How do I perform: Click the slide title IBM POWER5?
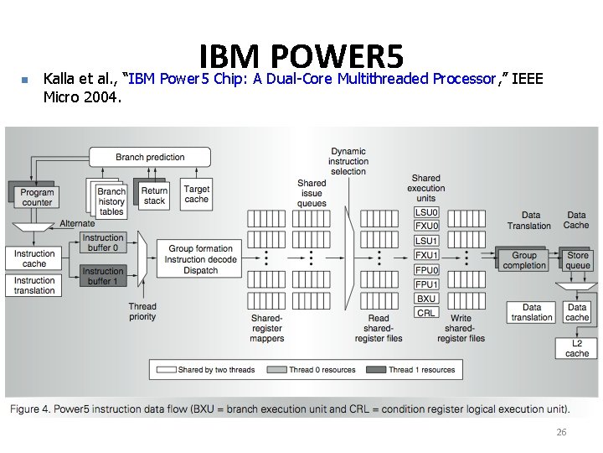(x=301, y=57)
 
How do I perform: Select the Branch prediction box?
(x=150, y=157)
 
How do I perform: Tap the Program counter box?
(x=37, y=196)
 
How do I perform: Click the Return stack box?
(x=154, y=195)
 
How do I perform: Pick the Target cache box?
(x=197, y=194)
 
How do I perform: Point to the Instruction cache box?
(x=34, y=258)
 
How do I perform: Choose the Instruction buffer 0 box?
(x=103, y=243)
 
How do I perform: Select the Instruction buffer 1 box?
(x=103, y=276)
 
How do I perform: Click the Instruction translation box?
(x=34, y=286)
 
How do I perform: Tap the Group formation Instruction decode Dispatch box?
(x=201, y=259)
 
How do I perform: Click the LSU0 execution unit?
(x=426, y=212)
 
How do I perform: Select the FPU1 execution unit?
(x=426, y=284)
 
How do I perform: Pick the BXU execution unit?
(x=426, y=298)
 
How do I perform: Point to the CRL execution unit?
(x=426, y=312)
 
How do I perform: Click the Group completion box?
(x=524, y=260)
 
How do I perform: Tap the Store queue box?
(x=578, y=260)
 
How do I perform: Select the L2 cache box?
(x=577, y=348)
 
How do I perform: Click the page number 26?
(x=562, y=432)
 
